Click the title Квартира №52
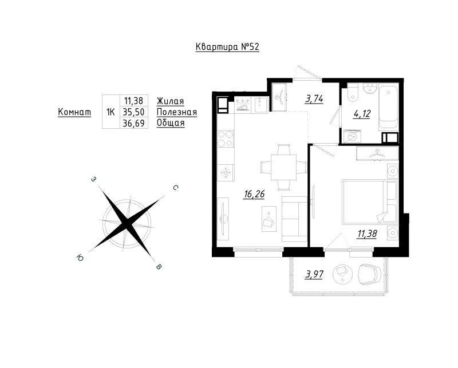227,48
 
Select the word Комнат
74,112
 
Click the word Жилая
170,101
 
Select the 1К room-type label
110,112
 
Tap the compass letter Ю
78,258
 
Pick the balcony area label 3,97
313,274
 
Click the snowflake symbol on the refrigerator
226,172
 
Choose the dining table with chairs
283,167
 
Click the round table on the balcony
343,272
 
